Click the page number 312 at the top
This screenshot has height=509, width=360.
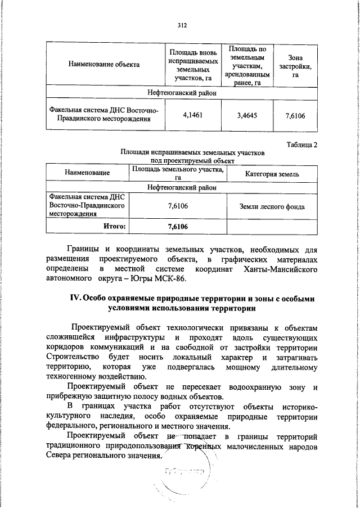pyautogui.click(x=181, y=25)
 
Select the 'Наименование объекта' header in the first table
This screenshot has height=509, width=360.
pyautogui.click(x=104, y=64)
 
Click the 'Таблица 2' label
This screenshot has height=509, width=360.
pyautogui.click(x=302, y=145)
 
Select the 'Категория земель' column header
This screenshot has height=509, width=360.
pyautogui.click(x=272, y=174)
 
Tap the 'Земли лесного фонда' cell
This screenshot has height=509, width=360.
pyautogui.click(x=272, y=206)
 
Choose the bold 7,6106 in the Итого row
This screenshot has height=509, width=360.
pyautogui.click(x=177, y=226)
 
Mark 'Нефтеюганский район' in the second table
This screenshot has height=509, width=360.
pyautogui.click(x=181, y=187)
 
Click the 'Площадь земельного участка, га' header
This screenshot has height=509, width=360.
pyautogui.click(x=177, y=173)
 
